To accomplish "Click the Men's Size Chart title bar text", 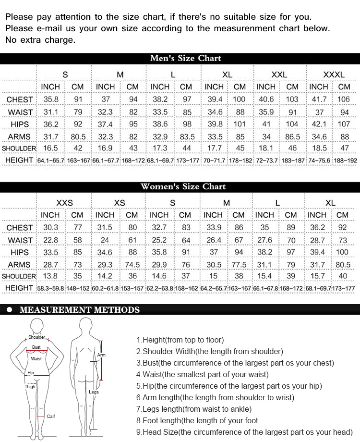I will (185, 58).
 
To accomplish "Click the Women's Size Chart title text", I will (183, 186).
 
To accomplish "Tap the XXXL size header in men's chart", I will (334, 74).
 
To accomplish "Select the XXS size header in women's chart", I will (64, 202).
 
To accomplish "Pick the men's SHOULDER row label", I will (19, 148).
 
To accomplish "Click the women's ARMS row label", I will (19, 265).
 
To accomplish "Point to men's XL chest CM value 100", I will (239, 99).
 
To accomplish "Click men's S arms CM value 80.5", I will (77, 136).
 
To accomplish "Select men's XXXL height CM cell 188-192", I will (344, 160).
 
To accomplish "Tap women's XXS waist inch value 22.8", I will (50, 240).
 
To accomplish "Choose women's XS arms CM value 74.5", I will (132, 265).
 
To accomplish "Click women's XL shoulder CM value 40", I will (343, 276).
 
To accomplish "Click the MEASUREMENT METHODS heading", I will (80, 310).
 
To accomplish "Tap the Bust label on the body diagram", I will (36, 347).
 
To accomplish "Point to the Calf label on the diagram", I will (51, 416).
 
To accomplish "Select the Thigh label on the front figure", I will (30, 386).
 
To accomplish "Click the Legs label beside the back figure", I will (94, 392).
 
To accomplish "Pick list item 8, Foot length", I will (197, 421).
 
